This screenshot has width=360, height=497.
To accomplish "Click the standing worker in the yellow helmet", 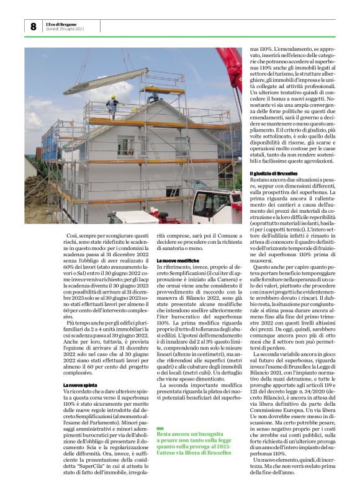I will click(x=112, y=106).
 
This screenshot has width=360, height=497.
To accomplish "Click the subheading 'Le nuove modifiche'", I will click(x=177, y=259).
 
